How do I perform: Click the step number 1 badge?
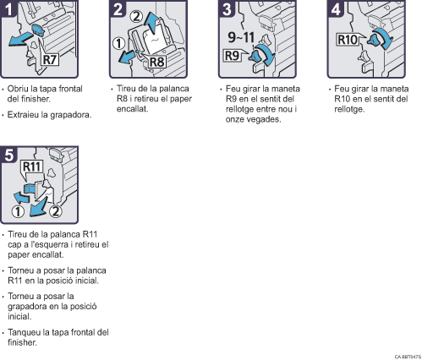(8, 8)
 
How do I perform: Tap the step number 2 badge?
(118, 8)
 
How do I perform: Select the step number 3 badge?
(227, 8)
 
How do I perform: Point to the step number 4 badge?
(335, 8)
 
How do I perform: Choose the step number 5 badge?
(8, 155)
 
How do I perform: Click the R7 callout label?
(50, 59)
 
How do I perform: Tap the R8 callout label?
(156, 62)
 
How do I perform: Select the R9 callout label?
(232, 55)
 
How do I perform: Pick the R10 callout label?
(348, 40)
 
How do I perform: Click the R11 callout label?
(32, 166)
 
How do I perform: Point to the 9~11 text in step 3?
(241, 37)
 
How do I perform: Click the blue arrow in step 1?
(20, 39)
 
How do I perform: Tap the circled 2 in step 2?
(136, 17)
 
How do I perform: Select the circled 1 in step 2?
(118, 44)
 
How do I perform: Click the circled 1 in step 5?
(18, 211)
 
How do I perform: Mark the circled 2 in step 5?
(56, 211)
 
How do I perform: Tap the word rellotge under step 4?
(349, 109)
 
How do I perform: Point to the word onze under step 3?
(235, 119)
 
